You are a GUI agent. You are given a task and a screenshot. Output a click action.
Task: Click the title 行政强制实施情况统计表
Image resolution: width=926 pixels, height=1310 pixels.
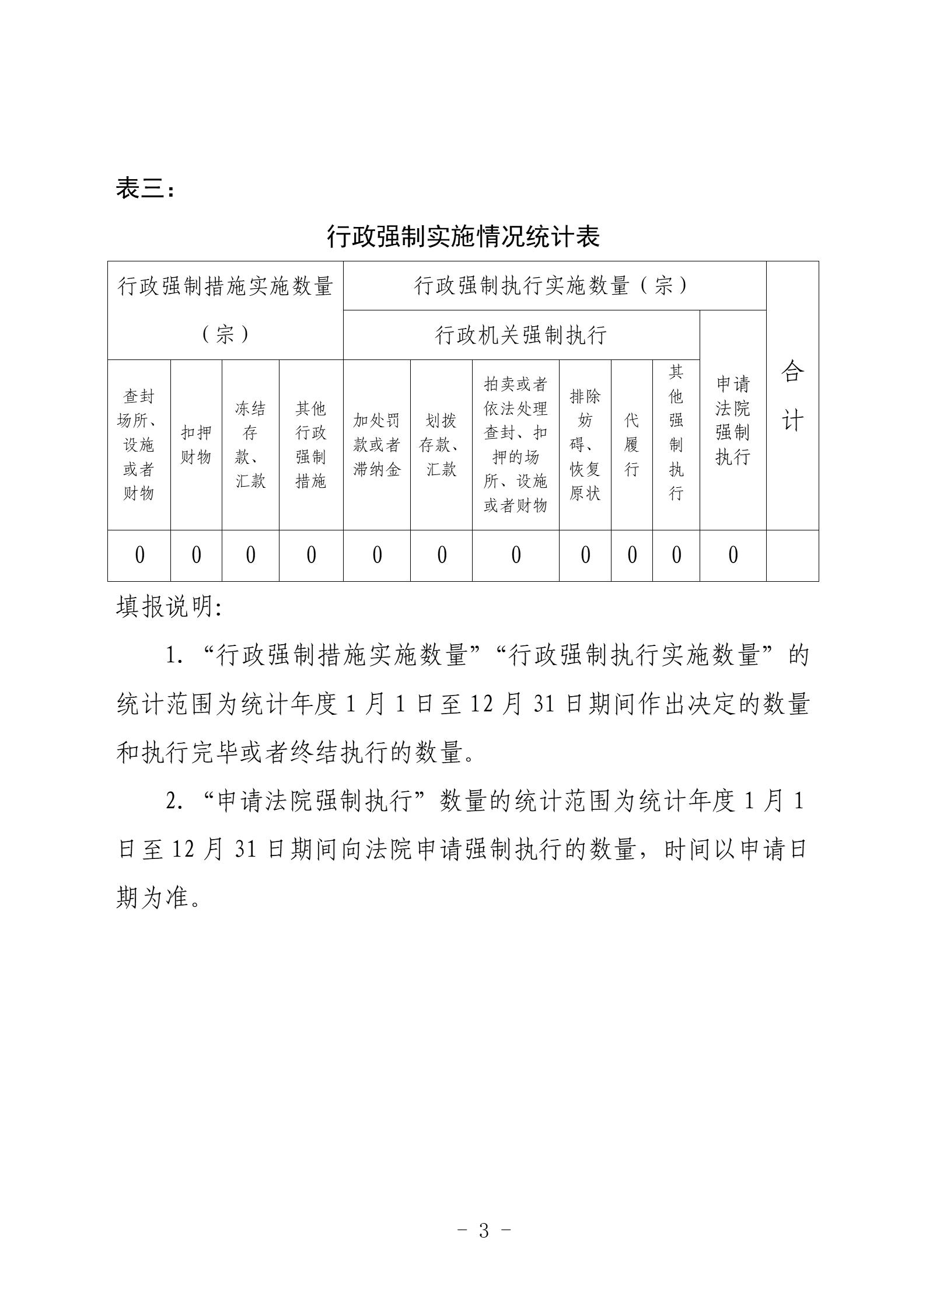pos(463,236)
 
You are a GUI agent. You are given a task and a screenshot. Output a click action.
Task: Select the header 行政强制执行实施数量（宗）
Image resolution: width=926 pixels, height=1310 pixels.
pos(553,285)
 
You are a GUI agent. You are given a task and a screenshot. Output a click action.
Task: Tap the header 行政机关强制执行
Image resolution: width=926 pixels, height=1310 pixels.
pos(521,335)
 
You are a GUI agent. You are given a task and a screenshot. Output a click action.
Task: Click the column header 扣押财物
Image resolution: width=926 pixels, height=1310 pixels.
pos(196,445)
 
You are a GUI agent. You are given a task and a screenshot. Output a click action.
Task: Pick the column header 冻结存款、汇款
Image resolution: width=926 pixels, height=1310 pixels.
pos(250,445)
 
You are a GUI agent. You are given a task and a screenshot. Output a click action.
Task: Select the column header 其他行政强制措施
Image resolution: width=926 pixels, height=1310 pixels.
pos(311,445)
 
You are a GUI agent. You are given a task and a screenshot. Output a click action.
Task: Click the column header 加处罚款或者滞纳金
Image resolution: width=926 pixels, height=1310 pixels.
pos(377,445)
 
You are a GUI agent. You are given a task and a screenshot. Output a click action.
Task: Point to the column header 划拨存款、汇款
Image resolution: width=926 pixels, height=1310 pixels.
pos(441,445)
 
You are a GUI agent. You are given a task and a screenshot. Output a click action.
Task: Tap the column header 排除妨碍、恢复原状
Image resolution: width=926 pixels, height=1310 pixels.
pos(585,445)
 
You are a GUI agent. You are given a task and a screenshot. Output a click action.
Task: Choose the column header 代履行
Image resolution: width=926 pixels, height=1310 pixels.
pos(632,445)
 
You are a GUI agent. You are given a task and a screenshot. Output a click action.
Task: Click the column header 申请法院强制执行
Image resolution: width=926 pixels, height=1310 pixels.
pos(733,420)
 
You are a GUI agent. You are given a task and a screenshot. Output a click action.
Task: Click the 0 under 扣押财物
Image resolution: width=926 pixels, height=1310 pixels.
pos(196,555)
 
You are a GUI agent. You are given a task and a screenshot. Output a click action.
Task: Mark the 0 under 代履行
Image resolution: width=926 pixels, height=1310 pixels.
pos(632,555)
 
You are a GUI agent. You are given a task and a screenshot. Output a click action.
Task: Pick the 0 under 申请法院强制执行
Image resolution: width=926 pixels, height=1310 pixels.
pos(733,555)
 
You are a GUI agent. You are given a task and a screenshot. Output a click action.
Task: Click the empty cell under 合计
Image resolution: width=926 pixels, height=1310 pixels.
pos(792,555)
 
